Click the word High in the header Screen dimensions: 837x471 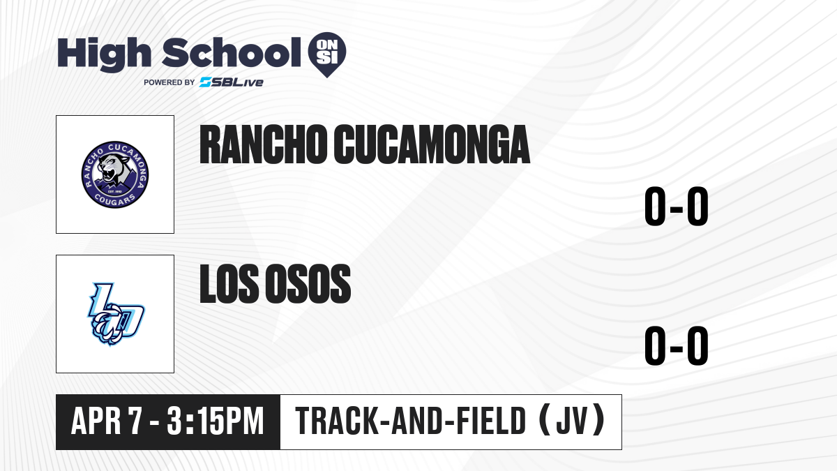[x=104, y=54]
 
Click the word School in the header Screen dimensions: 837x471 [x=232, y=52]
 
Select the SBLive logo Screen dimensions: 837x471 [x=232, y=82]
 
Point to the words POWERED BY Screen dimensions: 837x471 [x=169, y=82]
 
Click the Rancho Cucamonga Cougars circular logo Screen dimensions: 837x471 [x=115, y=174]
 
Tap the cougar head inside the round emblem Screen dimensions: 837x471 [x=112, y=168]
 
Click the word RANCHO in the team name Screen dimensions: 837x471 [x=264, y=144]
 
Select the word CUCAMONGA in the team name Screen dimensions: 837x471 [x=432, y=144]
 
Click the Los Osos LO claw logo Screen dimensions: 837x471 [x=116, y=314]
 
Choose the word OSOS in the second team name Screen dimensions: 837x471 [x=308, y=283]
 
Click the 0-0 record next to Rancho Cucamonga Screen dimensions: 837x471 [x=677, y=207]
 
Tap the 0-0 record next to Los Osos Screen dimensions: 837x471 [x=677, y=346]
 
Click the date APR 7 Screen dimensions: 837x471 [x=107, y=421]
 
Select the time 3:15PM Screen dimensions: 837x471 [x=216, y=421]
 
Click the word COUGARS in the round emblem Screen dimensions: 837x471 [x=114, y=200]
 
